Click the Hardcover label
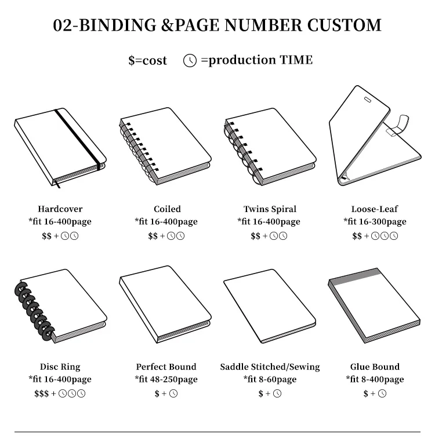tap(60, 209)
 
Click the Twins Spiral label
tap(270, 209)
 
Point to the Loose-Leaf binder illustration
tap(375, 139)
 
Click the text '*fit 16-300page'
tap(375, 222)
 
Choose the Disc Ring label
tap(60, 367)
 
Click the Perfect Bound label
tap(166, 367)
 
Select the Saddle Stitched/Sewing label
tap(270, 367)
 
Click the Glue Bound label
tap(375, 367)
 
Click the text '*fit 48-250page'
tap(166, 380)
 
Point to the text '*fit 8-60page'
tap(270, 380)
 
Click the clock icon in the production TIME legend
tap(190, 60)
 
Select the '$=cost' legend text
tap(147, 60)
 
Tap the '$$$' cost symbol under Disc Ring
tap(41, 394)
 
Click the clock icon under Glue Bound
tap(382, 394)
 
